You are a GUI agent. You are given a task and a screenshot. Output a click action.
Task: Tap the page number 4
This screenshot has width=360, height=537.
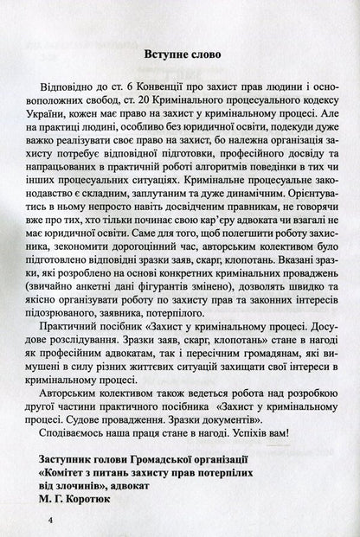pos(52,521)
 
